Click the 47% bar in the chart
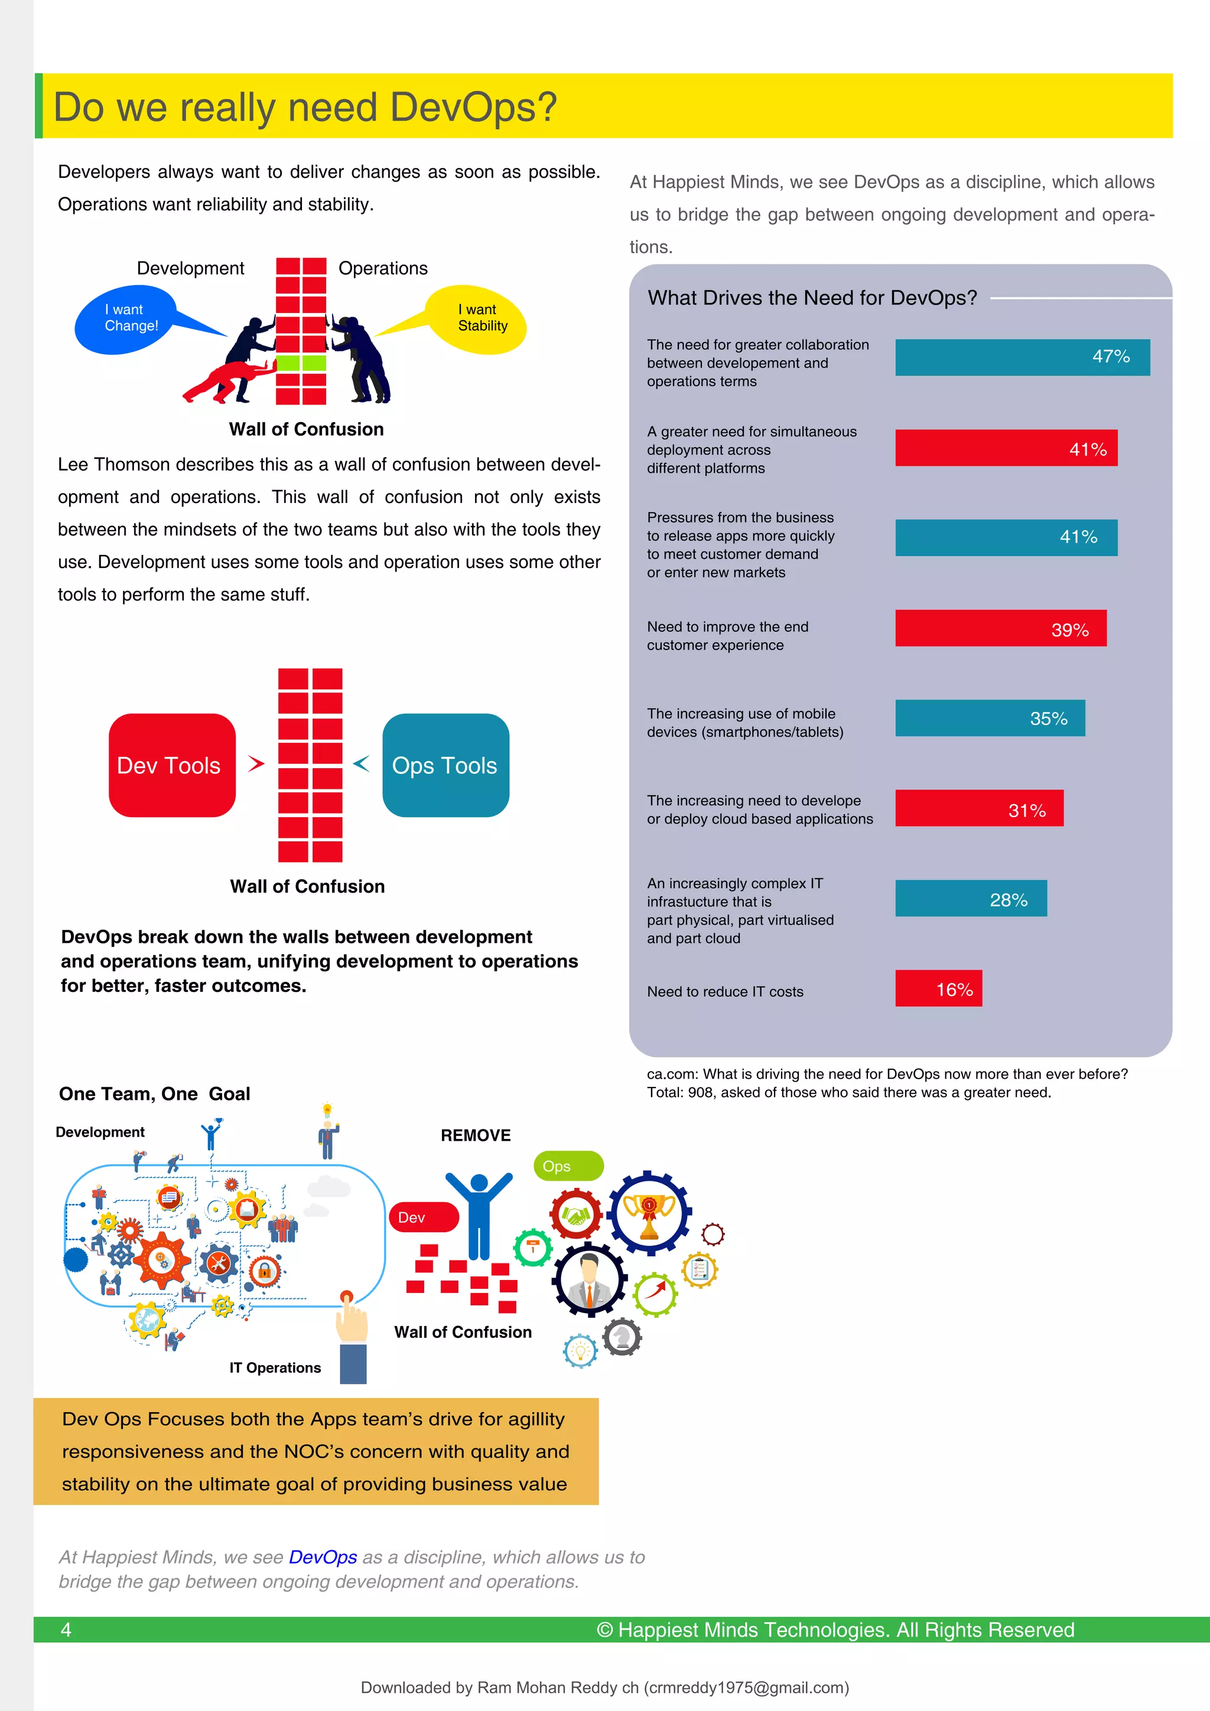(x=1022, y=357)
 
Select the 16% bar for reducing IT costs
(x=938, y=988)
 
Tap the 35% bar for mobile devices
(x=989, y=717)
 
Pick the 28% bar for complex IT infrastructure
(x=970, y=898)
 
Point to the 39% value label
(x=1069, y=630)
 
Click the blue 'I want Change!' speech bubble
(x=127, y=319)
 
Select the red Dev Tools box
(x=171, y=765)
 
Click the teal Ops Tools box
(x=445, y=765)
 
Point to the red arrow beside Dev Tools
(x=256, y=763)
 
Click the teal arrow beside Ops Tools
(x=362, y=763)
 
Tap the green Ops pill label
(x=567, y=1165)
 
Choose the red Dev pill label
(x=422, y=1217)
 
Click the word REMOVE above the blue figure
(x=476, y=1135)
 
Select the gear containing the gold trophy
(x=649, y=1214)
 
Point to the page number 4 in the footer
(x=66, y=1629)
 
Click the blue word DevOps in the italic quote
(x=323, y=1557)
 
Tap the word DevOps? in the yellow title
(x=473, y=106)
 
